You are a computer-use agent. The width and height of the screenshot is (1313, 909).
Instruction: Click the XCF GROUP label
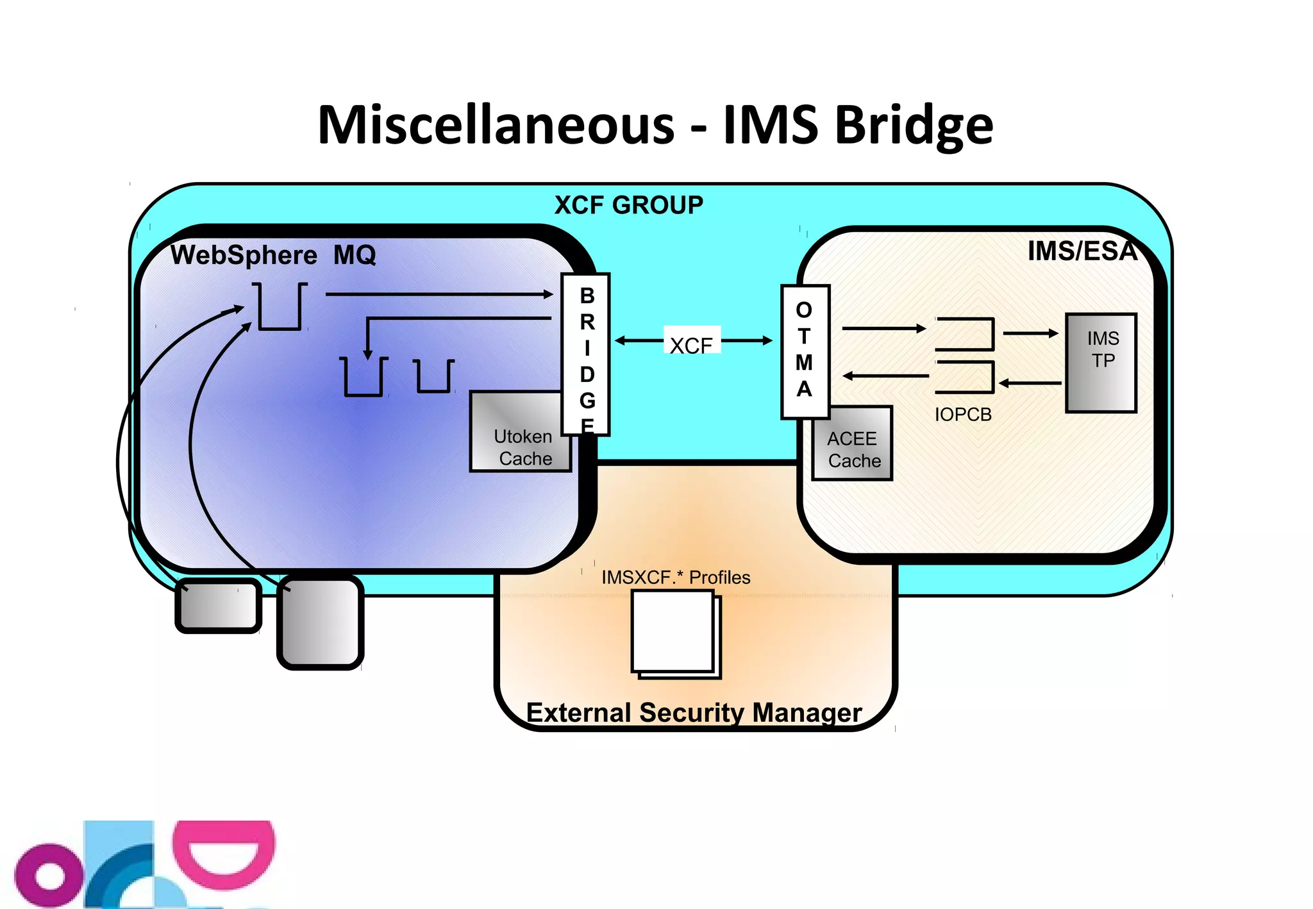628,205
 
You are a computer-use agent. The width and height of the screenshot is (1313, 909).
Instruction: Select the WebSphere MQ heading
273,255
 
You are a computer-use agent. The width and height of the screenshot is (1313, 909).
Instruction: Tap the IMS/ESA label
1082,251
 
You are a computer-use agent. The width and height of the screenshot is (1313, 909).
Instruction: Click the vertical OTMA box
805,351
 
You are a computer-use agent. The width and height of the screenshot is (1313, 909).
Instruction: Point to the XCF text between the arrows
691,345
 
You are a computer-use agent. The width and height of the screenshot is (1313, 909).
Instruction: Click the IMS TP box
1101,362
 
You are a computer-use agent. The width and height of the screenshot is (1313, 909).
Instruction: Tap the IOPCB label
963,415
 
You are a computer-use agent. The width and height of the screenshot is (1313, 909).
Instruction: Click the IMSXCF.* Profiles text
676,578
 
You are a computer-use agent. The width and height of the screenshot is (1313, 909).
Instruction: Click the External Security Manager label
694,712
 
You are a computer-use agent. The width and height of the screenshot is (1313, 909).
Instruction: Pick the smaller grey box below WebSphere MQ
218,606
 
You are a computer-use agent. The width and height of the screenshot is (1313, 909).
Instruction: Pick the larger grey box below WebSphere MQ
321,622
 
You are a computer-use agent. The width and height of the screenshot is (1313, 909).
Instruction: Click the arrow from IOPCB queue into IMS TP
1030,333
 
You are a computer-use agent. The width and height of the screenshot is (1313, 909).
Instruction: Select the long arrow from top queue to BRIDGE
439,294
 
